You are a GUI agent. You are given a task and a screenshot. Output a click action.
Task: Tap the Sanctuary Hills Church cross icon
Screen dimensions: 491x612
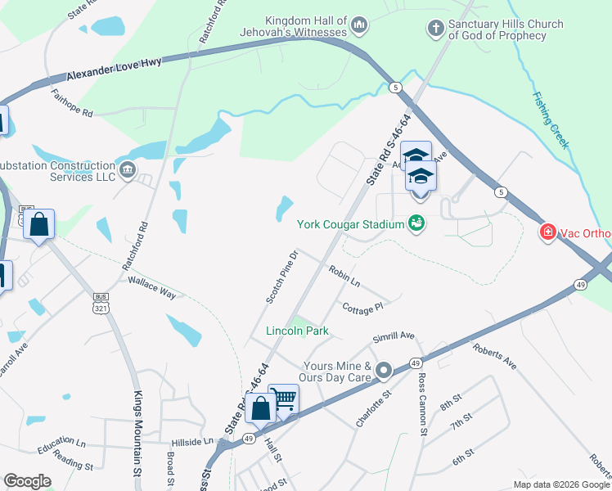tap(435, 29)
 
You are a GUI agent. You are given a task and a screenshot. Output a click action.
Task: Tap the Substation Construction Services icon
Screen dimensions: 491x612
tap(127, 170)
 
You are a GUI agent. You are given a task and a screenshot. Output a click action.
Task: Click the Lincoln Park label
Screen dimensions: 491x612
tap(297, 331)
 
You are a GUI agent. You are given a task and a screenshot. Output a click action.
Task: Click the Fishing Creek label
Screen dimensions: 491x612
tap(550, 119)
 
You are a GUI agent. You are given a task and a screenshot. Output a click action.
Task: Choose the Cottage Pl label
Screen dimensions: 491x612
tap(362, 308)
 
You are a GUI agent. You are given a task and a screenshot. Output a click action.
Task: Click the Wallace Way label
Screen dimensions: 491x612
tap(151, 286)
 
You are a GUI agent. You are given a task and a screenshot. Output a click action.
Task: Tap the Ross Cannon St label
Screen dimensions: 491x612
tap(422, 404)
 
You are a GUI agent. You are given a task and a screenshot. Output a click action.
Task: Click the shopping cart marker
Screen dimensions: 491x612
tap(283, 399)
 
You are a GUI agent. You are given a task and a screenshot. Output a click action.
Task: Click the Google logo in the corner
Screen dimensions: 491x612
tap(28, 480)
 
